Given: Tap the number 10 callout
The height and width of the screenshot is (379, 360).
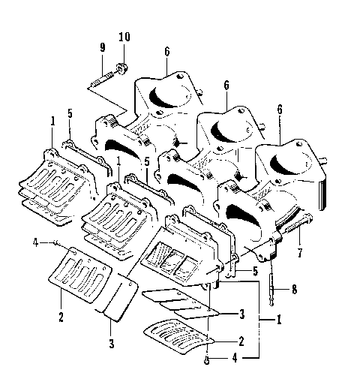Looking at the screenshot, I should pos(124,38).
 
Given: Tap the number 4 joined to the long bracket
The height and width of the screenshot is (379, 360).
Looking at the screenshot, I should pos(238,358).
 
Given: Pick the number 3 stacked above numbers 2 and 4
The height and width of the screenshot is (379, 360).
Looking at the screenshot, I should pos(241,312).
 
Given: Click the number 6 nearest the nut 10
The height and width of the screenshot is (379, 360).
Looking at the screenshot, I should pos(165,51).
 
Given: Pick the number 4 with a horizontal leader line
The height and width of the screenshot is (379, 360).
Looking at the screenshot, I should pos(35,242).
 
